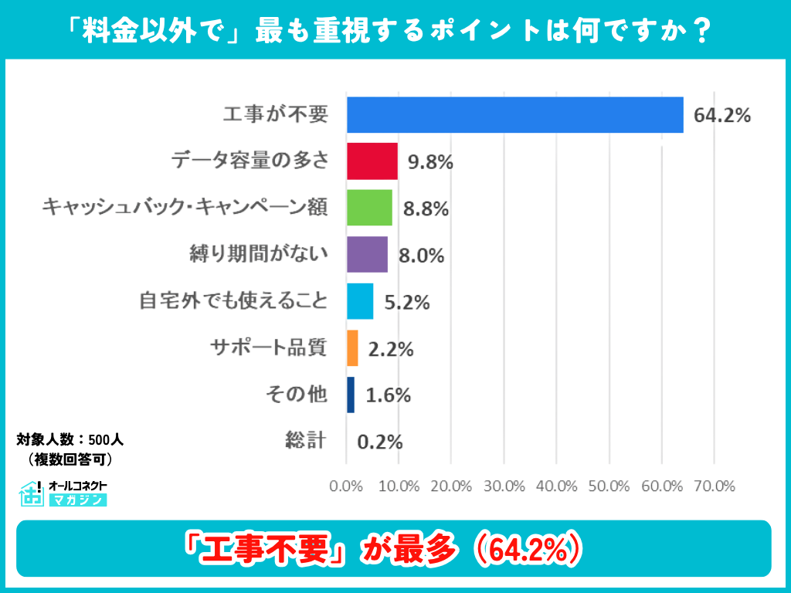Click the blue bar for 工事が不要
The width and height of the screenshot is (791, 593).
pyautogui.click(x=514, y=115)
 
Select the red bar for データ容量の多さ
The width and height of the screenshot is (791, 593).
pyautogui.click(x=372, y=161)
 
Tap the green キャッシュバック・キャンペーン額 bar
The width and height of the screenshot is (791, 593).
pyautogui.click(x=369, y=208)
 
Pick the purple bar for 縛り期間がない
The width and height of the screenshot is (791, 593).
pyautogui.click(x=367, y=255)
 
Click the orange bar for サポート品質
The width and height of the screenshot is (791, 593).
pyautogui.click(x=352, y=348)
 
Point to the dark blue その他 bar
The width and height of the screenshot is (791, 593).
pyautogui.click(x=351, y=395)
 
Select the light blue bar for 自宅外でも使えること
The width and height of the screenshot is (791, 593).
pyautogui.click(x=360, y=301)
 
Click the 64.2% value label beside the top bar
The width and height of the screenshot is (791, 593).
pyautogui.click(x=722, y=116)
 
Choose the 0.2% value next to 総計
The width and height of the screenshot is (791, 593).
pyautogui.click(x=380, y=442)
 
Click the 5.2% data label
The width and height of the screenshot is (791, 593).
pyautogui.click(x=406, y=302)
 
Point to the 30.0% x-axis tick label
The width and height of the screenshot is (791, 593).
pyautogui.click(x=504, y=486)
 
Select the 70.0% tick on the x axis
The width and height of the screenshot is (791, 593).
pyautogui.click(x=714, y=486)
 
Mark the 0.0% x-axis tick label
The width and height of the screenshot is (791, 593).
pyautogui.click(x=346, y=486)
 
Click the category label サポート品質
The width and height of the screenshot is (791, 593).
pyautogui.click(x=269, y=347)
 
